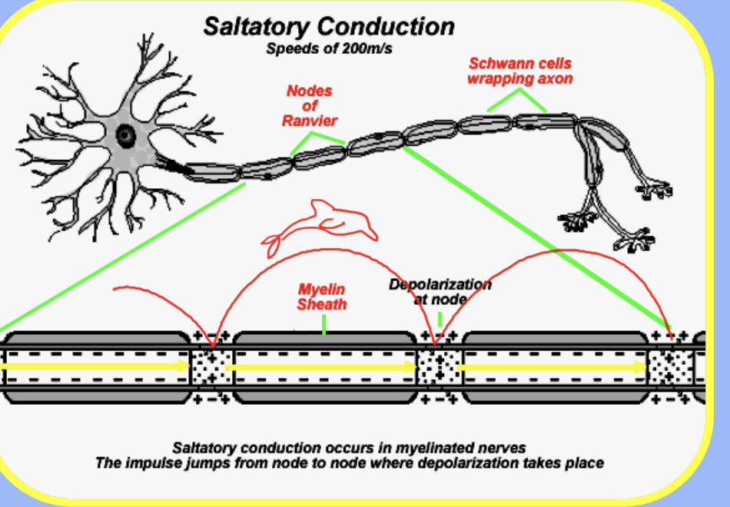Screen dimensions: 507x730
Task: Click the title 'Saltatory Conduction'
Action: (x=328, y=27)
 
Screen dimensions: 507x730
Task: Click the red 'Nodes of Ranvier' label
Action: (x=309, y=106)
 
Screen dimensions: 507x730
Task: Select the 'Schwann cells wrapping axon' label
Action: (x=519, y=71)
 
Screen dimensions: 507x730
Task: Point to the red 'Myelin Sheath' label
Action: (x=322, y=297)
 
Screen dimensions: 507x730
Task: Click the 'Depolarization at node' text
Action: (x=440, y=292)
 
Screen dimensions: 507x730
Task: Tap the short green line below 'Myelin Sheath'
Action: (x=324, y=324)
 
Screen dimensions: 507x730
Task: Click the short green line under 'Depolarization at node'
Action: (x=440, y=318)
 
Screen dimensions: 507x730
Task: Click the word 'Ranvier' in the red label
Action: (x=309, y=121)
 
